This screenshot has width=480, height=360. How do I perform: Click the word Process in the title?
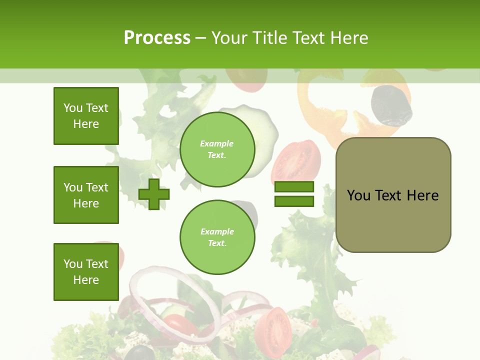pos(157,38)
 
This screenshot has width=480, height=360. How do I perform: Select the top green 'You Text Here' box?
pos(86,116)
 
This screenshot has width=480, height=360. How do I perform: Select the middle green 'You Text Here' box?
pos(86,195)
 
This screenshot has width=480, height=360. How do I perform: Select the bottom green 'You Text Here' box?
pos(86,272)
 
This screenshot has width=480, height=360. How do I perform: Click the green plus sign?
pos(154,194)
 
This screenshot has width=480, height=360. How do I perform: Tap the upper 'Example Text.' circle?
pos(217,149)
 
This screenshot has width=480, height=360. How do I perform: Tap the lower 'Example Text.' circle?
pos(217,237)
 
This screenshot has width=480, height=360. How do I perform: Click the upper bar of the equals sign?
pos(294,187)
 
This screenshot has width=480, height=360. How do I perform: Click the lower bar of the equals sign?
pos(294,201)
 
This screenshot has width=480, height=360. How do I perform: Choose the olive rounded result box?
pos(393,195)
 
